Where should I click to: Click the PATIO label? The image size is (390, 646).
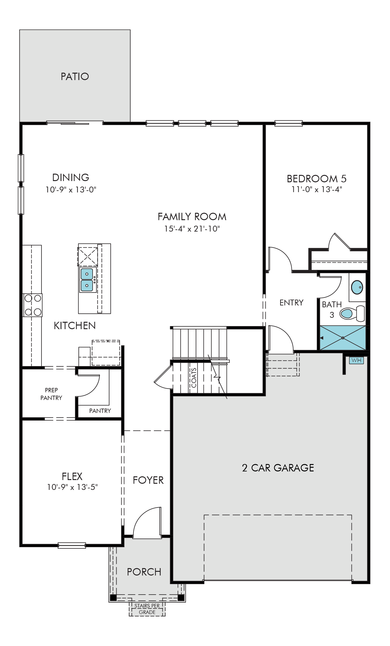pyautogui.click(x=75, y=76)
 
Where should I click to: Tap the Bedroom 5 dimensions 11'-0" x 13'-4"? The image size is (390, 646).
pyautogui.click(x=316, y=189)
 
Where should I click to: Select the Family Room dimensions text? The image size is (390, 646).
pyautogui.click(x=192, y=229)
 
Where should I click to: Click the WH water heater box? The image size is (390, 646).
pyautogui.click(x=356, y=360)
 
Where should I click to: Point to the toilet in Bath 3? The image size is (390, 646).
pyautogui.click(x=352, y=313)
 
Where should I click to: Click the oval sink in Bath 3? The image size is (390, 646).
pyautogui.click(x=357, y=287)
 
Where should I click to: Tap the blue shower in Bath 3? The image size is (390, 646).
pyautogui.click(x=343, y=338)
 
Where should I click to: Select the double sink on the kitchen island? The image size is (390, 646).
pyautogui.click(x=87, y=280)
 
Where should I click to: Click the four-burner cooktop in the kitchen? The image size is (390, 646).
pyautogui.click(x=33, y=305)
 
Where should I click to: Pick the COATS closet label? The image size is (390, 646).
pyautogui.click(x=194, y=378)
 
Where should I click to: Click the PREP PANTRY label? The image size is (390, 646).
pyautogui.click(x=51, y=394)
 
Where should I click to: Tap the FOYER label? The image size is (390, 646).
pyautogui.click(x=148, y=480)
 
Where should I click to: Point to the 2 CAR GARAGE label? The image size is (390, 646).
pyautogui.click(x=278, y=468)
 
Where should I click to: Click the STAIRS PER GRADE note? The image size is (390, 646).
pyautogui.click(x=147, y=609)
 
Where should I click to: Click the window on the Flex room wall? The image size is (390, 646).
pyautogui.click(x=72, y=546)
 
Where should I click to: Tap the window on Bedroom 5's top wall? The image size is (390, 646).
pyautogui.click(x=289, y=123)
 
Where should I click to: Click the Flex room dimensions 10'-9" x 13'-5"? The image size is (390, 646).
pyautogui.click(x=72, y=487)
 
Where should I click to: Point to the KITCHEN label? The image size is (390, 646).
pyautogui.click(x=75, y=326)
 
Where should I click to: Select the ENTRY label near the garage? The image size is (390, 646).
pyautogui.click(x=292, y=303)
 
